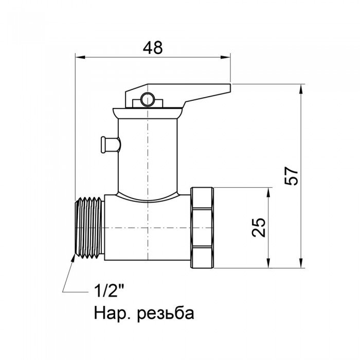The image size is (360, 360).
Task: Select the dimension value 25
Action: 260,227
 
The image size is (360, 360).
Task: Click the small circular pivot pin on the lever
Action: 148,99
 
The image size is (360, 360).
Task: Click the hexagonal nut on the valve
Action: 202,227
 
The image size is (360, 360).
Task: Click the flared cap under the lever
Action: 148,112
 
